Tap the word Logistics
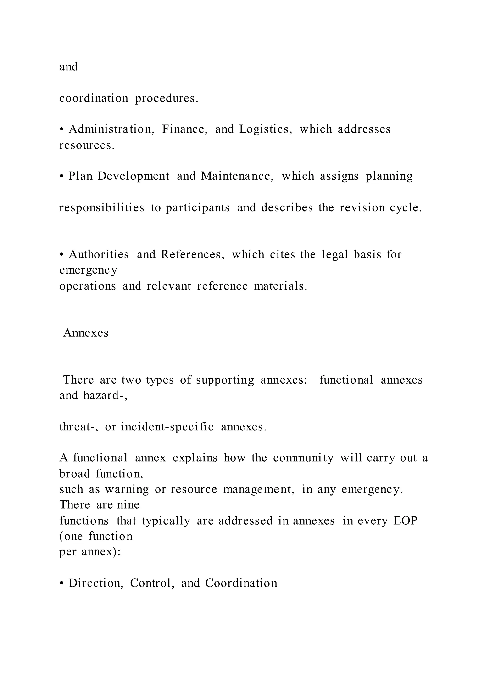tap(266, 129)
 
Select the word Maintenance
tap(237, 176)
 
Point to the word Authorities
tap(99, 255)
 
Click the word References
tap(193, 255)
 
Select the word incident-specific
tap(167, 427)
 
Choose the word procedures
tap(167, 99)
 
